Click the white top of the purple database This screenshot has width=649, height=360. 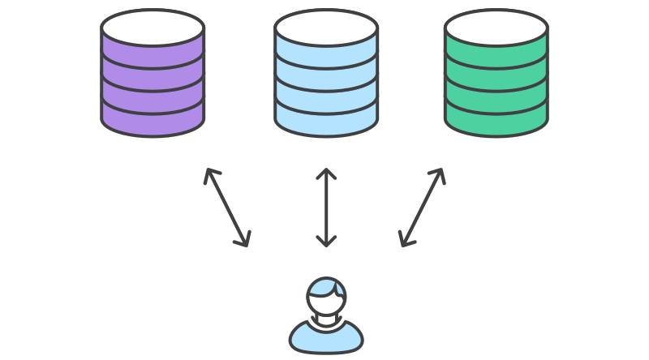coord(153,27)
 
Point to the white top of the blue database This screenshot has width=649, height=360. coord(325,27)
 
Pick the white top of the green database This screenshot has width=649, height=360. coord(496,27)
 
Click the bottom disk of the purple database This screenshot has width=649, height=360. coord(153,119)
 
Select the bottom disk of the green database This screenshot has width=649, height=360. coord(496,119)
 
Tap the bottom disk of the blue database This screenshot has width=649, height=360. coord(325,119)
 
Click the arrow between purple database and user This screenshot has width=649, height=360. coord(226,207)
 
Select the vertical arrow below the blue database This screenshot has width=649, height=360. coord(326,207)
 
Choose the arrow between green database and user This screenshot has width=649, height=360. coord(422,207)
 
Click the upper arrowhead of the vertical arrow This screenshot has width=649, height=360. coord(326,173)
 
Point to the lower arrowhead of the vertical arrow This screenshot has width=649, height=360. coord(326,242)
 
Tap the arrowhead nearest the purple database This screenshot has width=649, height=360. coord(209,173)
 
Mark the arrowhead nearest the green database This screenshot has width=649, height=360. coord(439,173)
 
